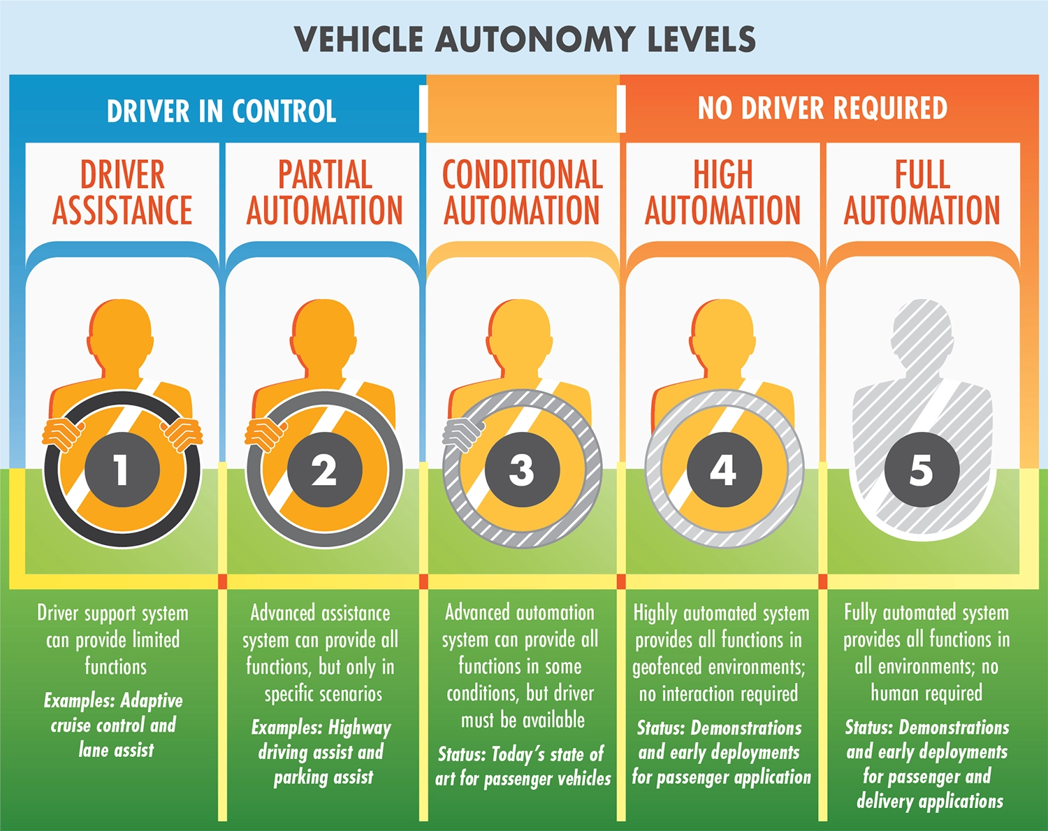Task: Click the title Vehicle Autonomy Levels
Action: (x=525, y=40)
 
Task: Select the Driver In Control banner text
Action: (x=221, y=112)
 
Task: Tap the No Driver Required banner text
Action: (x=822, y=109)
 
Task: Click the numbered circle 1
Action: (x=122, y=470)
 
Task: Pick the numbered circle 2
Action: (x=324, y=470)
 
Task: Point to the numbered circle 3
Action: (x=522, y=470)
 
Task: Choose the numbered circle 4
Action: (x=723, y=470)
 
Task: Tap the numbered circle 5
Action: (x=921, y=470)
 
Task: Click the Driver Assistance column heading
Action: (x=122, y=193)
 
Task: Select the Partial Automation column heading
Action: (x=324, y=193)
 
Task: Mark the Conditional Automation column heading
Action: (x=522, y=193)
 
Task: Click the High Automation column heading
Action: (x=722, y=193)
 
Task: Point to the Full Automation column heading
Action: (x=922, y=193)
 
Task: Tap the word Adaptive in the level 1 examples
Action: (x=152, y=700)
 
